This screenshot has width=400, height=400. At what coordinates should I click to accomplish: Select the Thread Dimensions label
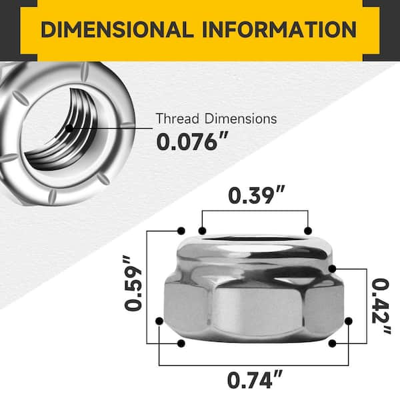[215, 119]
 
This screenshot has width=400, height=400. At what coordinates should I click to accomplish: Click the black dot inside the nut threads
[69, 127]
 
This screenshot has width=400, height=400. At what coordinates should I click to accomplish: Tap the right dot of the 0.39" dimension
[308, 231]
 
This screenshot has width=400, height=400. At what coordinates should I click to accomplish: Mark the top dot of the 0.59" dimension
[181, 231]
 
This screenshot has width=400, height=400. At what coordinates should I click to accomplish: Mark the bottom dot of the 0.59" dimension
[181, 343]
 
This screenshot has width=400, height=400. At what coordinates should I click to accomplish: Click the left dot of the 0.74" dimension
[159, 321]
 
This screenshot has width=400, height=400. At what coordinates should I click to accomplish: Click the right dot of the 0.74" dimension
[347, 321]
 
